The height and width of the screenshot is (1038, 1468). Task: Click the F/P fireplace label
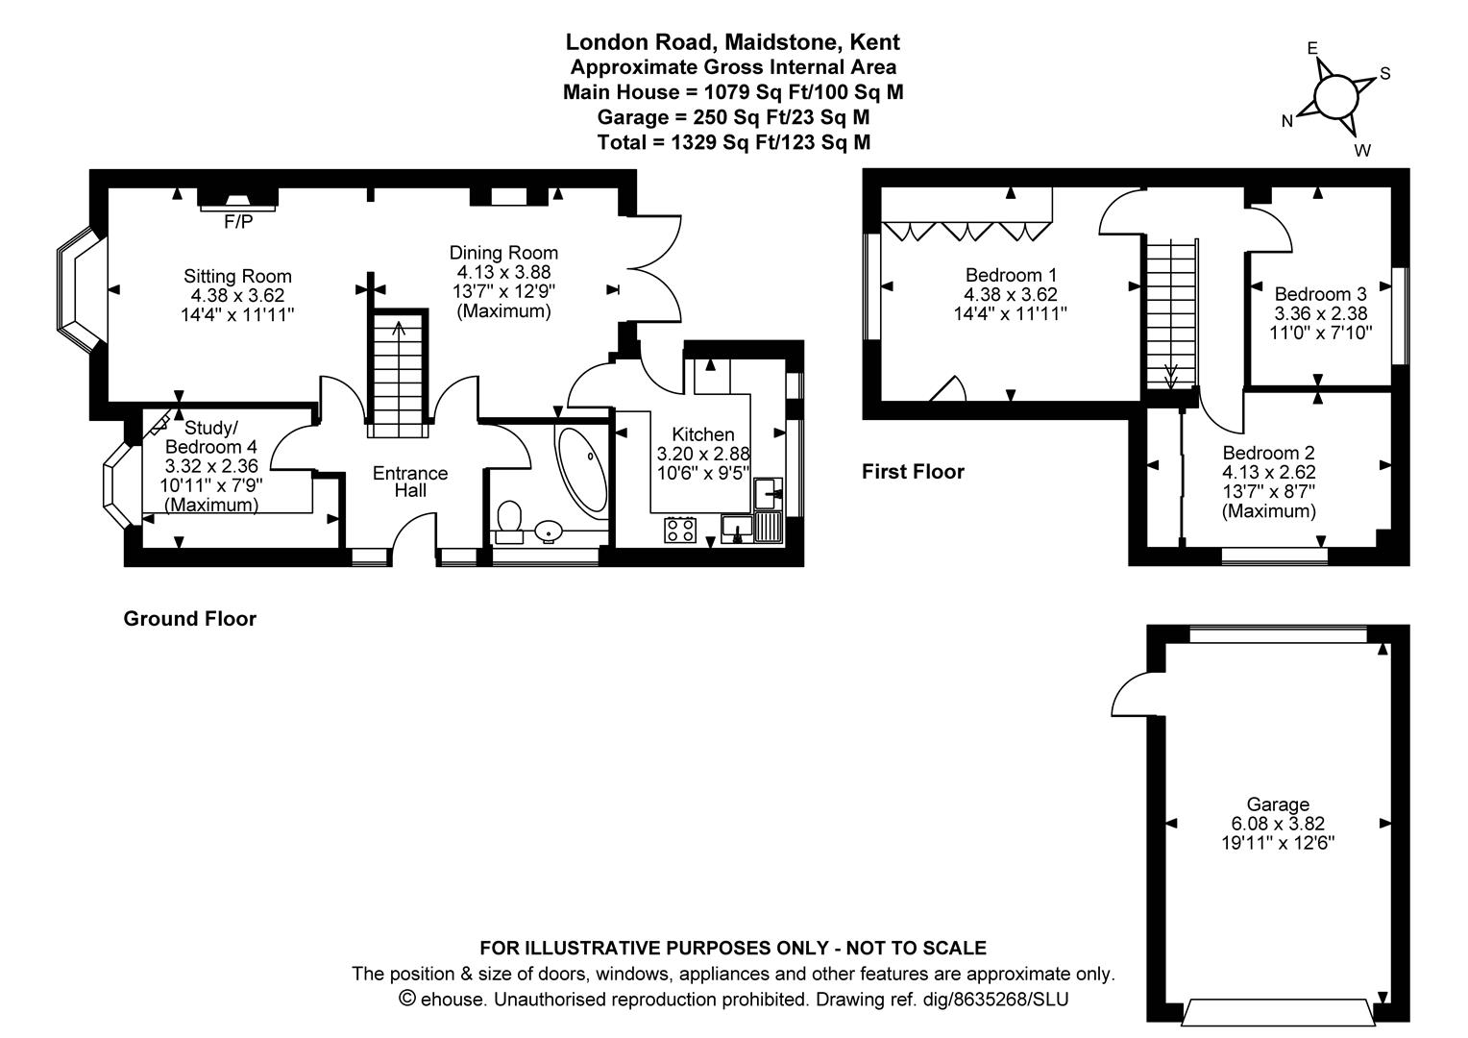click(x=238, y=222)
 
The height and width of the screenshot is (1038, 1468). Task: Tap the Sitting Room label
click(x=237, y=276)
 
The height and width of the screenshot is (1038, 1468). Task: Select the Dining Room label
click(x=503, y=253)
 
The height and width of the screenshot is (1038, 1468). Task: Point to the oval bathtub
click(x=582, y=474)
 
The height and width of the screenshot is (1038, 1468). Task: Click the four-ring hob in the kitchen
click(x=680, y=530)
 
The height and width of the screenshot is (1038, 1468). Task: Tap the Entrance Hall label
click(x=410, y=482)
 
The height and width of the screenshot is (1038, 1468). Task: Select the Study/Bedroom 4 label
click(x=211, y=437)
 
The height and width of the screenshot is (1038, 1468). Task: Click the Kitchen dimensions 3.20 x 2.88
click(x=703, y=454)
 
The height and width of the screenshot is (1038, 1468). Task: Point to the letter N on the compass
click(x=1287, y=121)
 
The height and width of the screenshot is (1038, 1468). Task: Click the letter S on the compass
click(x=1384, y=74)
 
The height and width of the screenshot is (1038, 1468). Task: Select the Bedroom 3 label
click(x=1321, y=294)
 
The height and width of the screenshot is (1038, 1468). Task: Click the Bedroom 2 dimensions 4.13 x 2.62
click(x=1269, y=472)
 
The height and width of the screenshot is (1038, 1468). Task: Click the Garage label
click(x=1278, y=803)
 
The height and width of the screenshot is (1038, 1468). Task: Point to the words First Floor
click(x=913, y=472)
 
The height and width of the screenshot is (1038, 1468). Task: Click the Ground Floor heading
click(x=190, y=618)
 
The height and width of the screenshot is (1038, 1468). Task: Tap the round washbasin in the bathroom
click(x=549, y=531)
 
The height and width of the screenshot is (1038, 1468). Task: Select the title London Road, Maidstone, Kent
click(x=733, y=42)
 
